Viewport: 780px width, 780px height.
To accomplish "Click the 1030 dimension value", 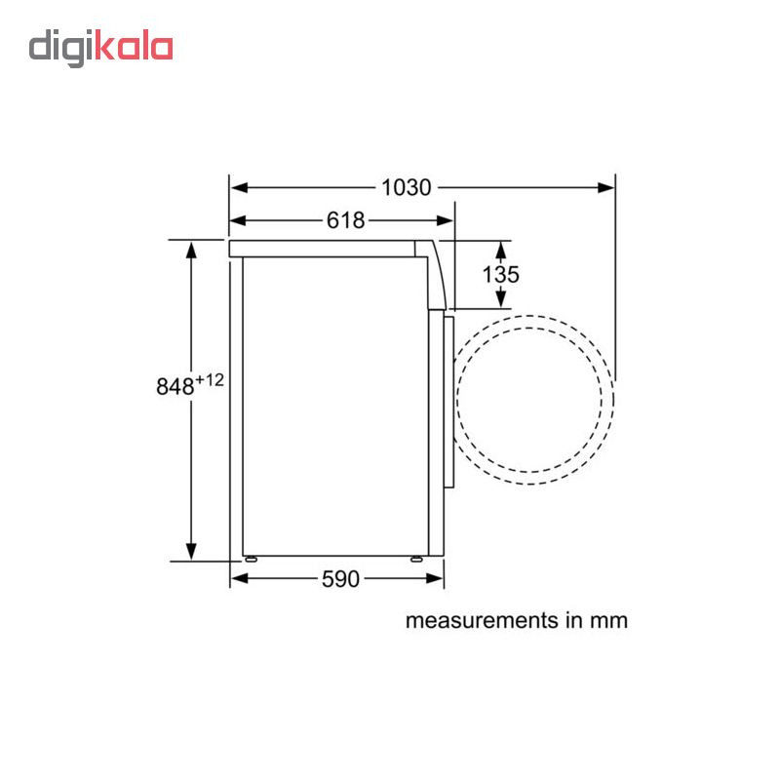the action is (x=406, y=188).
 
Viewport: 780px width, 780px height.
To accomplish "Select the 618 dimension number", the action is (x=346, y=220).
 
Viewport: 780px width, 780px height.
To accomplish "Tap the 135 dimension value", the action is (x=500, y=274).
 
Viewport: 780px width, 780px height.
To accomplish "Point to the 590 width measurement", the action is (x=340, y=579).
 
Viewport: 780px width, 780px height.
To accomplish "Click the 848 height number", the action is (x=175, y=386).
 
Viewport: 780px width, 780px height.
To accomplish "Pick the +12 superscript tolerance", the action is (x=210, y=380).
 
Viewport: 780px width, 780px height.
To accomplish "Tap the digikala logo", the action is (x=101, y=48).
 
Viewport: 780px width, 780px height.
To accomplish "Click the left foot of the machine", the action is (x=251, y=559).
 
